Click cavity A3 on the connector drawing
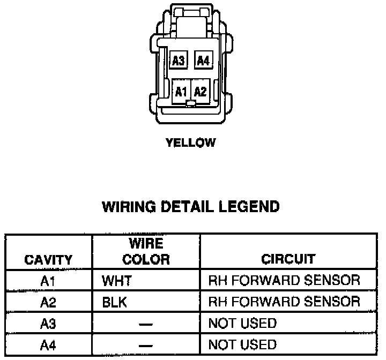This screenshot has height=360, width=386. [x=178, y=61]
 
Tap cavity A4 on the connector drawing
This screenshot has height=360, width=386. [x=202, y=61]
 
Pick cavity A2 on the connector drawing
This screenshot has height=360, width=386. [x=201, y=91]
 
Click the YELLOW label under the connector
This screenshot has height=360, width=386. [x=191, y=143]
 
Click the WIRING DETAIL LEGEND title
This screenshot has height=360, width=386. [x=191, y=206]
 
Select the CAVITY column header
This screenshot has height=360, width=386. [x=48, y=260]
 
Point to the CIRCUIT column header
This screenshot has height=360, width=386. [x=288, y=260]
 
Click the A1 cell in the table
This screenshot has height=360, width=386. [x=48, y=280]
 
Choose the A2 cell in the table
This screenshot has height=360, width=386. [x=48, y=302]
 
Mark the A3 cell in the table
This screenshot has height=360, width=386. [x=48, y=324]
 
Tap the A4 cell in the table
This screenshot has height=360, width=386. [x=48, y=344]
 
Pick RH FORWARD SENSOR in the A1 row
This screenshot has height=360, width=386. [x=284, y=280]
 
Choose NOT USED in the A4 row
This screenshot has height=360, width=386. [x=242, y=344]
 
